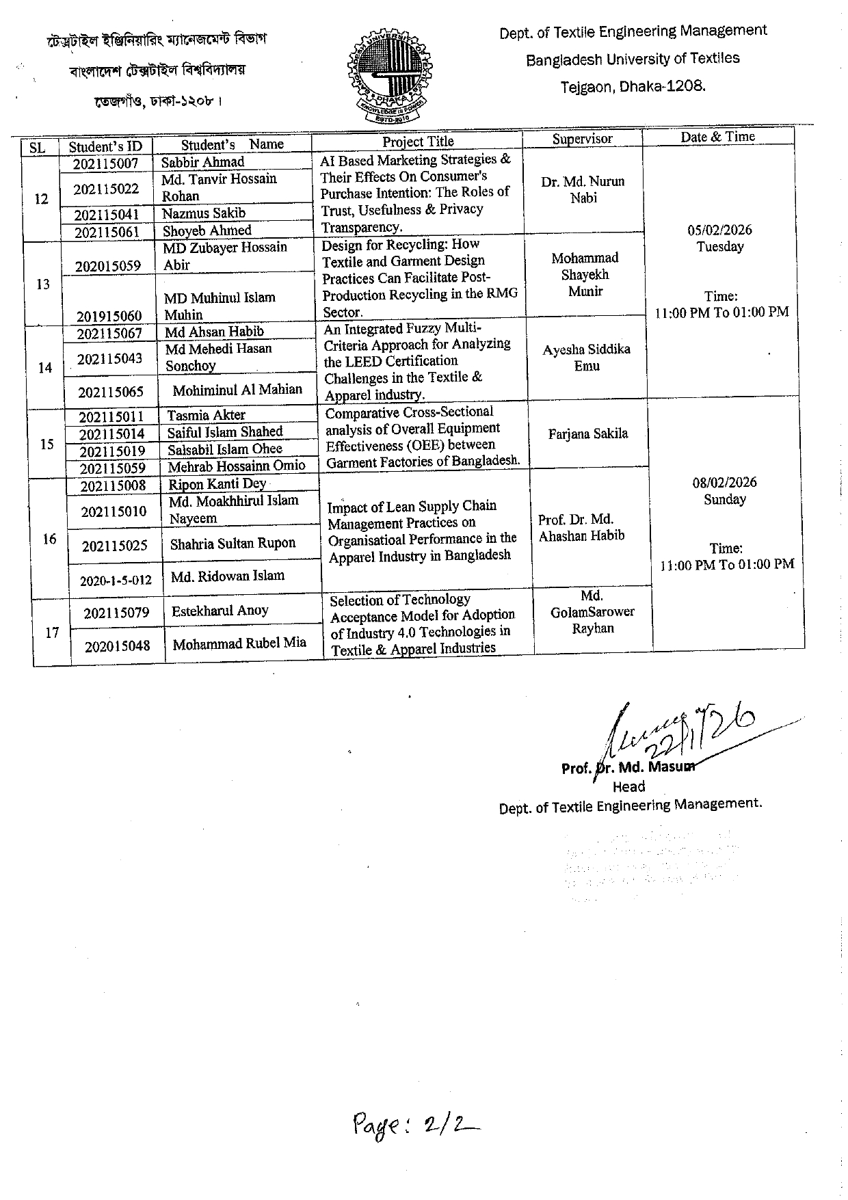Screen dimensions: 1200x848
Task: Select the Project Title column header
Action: [418, 142]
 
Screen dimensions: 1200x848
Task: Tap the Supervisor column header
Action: [582, 139]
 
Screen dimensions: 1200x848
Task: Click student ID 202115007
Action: [106, 163]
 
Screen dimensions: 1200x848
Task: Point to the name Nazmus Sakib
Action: [204, 213]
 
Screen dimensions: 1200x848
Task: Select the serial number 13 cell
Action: [42, 284]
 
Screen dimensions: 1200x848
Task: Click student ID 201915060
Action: [109, 316]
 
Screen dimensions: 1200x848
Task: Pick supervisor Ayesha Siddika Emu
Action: [587, 358]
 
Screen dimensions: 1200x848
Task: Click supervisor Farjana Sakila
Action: [588, 434]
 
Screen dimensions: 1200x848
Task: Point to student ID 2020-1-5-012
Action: [116, 581]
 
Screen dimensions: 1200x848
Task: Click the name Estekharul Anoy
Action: [220, 611]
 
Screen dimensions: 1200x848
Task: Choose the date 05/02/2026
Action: [719, 230]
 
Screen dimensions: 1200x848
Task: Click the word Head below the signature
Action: [628, 787]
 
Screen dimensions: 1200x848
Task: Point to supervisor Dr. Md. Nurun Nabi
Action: [583, 189]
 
